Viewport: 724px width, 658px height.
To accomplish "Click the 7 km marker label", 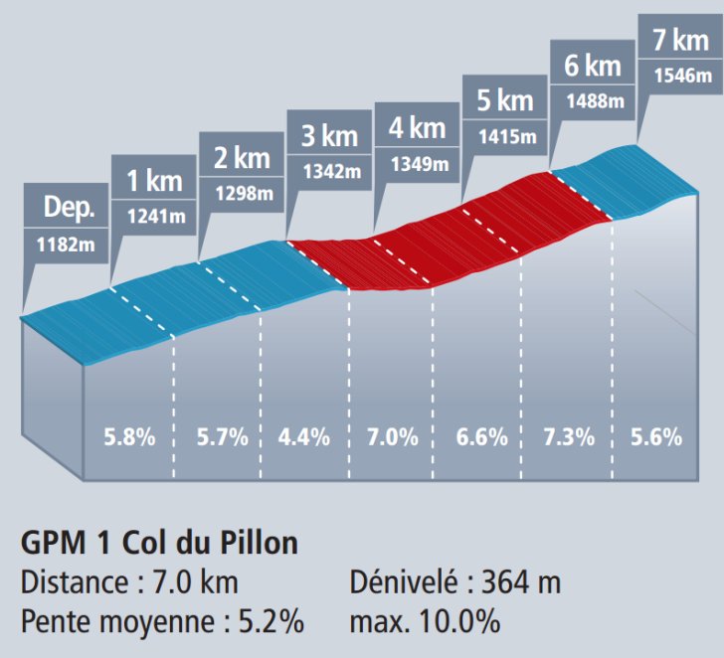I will (680, 41).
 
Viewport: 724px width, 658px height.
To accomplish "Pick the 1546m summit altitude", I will (680, 76).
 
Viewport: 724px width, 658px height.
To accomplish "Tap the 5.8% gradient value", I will (129, 436).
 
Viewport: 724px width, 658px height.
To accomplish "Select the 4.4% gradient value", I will (304, 436).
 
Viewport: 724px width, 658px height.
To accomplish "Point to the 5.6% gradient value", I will (655, 436).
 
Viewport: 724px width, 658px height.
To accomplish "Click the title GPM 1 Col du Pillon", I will (159, 545).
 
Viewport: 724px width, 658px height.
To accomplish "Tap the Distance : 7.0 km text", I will (129, 583).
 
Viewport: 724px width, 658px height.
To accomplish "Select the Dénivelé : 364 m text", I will (455, 583).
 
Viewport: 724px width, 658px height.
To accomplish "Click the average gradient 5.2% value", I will (271, 623).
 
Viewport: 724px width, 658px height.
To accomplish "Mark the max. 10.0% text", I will (425, 623).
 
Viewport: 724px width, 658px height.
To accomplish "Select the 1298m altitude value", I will (243, 193).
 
